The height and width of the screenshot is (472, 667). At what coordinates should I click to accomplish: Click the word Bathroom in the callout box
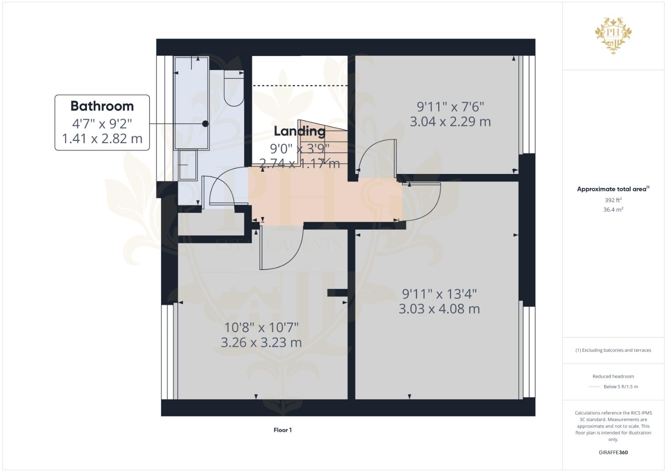point(102,106)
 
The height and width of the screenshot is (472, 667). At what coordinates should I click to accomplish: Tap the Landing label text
point(300,131)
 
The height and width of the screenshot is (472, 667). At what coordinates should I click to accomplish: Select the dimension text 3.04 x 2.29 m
point(450,121)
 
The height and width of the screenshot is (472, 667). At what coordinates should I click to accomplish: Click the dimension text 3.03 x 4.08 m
point(439,309)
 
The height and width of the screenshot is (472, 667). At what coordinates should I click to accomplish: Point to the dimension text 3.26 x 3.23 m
point(261,343)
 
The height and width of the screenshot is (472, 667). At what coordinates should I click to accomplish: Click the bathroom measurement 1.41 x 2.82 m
point(102,139)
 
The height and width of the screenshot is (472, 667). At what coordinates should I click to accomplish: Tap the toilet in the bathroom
point(234,89)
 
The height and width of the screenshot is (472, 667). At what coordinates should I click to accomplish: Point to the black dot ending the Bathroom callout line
point(205,124)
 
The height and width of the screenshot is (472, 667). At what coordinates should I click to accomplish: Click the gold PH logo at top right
point(613,35)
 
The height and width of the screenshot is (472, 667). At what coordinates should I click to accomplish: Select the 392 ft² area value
point(613,200)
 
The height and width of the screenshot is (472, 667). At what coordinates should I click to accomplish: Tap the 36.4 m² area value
point(613,210)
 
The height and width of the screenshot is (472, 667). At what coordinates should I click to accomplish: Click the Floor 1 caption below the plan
point(283,430)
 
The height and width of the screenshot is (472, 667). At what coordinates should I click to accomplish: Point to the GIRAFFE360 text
point(613,452)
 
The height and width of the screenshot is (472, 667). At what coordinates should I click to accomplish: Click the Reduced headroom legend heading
point(613,376)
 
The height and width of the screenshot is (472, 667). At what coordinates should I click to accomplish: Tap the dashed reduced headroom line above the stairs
point(301,86)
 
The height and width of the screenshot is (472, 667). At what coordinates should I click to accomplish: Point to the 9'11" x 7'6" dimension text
point(450,107)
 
